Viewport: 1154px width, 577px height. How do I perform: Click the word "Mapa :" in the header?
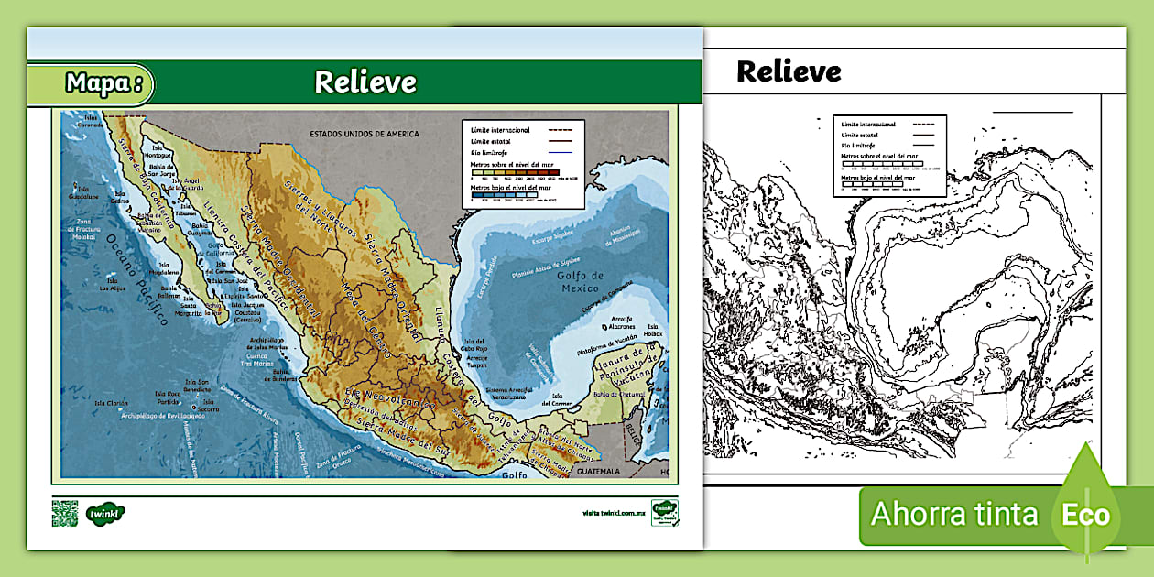(103, 84)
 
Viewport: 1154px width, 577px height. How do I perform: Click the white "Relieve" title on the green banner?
(365, 82)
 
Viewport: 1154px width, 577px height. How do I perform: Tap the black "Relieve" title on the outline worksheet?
(788, 71)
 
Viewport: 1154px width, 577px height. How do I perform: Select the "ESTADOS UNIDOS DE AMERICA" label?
(364, 134)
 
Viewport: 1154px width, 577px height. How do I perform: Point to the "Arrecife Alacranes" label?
(622, 322)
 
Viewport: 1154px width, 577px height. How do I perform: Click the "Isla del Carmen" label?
(556, 398)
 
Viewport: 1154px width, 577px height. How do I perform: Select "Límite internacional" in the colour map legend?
(499, 131)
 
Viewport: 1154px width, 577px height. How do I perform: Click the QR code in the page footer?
(64, 513)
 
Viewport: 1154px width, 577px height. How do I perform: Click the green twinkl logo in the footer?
(105, 513)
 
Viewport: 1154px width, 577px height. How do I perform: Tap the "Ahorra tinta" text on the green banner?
(954, 514)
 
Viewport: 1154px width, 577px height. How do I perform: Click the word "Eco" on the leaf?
(1085, 515)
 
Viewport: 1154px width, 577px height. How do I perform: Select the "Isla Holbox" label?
(653, 330)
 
